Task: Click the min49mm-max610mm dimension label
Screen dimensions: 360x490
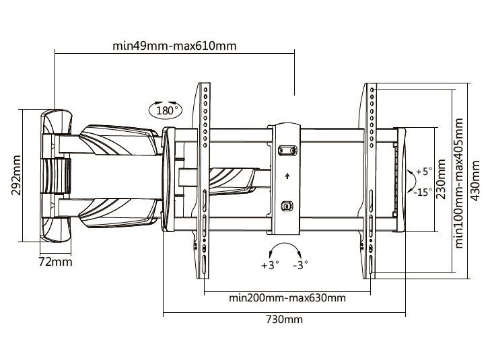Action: coord(175,46)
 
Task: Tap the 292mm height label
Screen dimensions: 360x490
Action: coord(15,176)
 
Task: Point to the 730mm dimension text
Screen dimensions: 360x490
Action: coord(285,320)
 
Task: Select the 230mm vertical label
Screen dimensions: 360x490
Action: coord(442,179)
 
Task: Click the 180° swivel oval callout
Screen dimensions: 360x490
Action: coord(165,110)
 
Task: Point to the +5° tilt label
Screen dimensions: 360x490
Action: coord(423,172)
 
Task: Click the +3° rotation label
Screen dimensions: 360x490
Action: coord(269,264)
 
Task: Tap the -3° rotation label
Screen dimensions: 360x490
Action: coord(300,264)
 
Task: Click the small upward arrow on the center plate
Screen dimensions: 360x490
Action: coord(287,177)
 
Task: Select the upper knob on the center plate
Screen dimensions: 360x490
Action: coord(287,150)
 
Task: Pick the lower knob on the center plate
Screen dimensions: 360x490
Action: coord(287,205)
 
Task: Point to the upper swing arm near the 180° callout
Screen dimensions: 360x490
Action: coord(114,139)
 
